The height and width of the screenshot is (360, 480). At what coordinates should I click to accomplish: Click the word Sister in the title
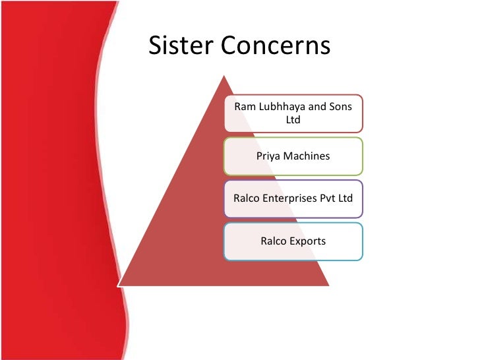click(179, 45)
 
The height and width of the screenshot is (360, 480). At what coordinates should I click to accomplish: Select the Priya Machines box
click(293, 156)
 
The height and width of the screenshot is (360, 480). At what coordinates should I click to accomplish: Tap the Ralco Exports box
click(293, 241)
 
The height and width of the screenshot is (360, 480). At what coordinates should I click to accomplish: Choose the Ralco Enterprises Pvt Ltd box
click(293, 198)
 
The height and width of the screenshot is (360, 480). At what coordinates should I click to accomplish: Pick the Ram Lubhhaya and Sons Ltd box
click(293, 113)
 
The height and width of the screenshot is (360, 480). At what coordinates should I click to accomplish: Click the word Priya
click(268, 156)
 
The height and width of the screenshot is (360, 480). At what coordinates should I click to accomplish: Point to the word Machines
click(307, 156)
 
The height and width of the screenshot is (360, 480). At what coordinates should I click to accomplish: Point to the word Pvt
click(329, 198)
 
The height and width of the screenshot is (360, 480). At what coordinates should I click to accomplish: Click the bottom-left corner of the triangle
click(118, 286)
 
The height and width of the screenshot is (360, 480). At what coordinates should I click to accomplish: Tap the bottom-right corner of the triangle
click(328, 286)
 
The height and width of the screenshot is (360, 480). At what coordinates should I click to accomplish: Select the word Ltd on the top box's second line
click(293, 121)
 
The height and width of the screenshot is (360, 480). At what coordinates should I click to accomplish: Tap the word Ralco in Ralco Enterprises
click(248, 198)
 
